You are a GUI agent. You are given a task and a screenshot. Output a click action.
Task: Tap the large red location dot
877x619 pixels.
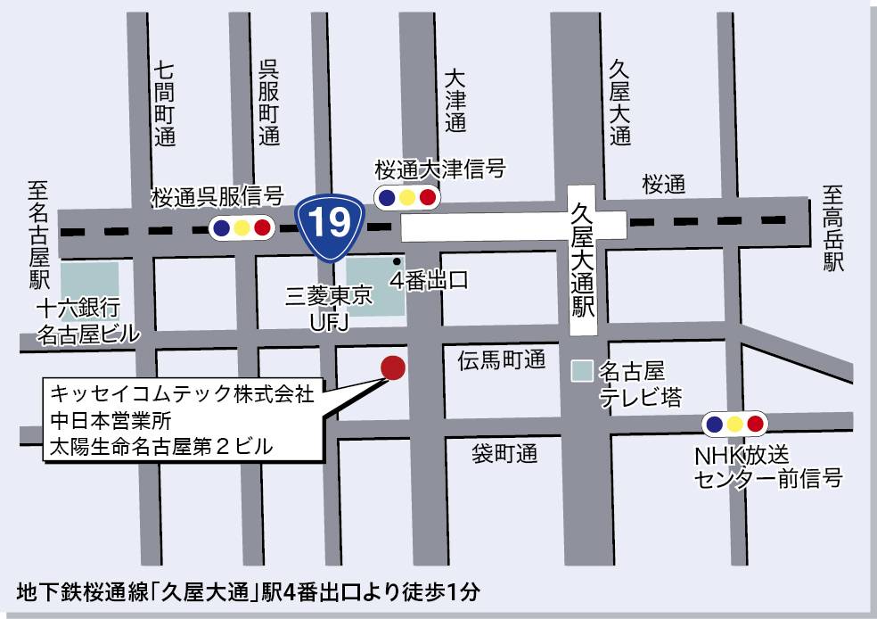tap(392, 367)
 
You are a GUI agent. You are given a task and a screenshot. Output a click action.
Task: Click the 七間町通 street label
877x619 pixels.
tap(165, 103)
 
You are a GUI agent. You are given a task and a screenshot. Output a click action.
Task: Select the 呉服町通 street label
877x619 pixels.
tap(269, 103)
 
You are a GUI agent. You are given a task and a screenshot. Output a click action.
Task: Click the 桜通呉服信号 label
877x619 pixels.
tap(217, 195)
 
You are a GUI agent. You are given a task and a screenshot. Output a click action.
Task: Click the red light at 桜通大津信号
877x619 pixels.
tap(428, 198)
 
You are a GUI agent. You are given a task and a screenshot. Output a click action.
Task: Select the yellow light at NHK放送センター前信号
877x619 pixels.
tap(734, 424)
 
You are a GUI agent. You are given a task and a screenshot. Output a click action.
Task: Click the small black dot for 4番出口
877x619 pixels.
tap(397, 261)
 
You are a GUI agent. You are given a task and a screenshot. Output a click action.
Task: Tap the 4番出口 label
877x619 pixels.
tap(430, 281)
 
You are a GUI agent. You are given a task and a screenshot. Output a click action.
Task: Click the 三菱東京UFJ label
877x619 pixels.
tap(328, 308)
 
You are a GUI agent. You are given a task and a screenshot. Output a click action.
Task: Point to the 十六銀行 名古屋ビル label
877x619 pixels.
tap(87, 322)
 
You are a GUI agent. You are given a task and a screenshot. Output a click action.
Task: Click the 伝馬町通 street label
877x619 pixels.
tap(501, 360)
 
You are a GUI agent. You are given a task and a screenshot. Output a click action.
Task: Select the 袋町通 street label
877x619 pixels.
tap(504, 453)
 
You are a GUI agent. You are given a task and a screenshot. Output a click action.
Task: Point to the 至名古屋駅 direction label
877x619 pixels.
tap(37, 234)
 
